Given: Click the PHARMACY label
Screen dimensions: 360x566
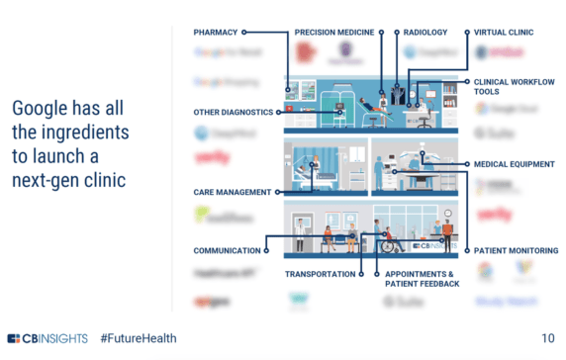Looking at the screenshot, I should point(216,33).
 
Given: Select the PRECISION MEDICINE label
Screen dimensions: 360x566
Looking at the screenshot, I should point(333,33).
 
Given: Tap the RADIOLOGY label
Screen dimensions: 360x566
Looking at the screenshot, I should point(425,33).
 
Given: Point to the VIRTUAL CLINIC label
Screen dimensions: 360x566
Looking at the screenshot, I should point(504,33).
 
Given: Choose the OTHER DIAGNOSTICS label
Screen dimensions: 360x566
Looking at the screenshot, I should point(233,112).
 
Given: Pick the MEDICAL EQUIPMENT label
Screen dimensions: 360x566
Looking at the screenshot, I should point(514,164).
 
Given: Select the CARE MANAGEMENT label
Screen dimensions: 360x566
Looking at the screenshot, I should point(233,192).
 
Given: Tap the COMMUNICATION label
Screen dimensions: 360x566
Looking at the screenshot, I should point(227,251).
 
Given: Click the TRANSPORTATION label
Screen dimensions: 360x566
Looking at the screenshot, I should point(320,273).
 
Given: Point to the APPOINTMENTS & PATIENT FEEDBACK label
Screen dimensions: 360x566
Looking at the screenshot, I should point(423,278).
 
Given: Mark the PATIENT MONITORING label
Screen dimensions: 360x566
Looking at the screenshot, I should point(517,251).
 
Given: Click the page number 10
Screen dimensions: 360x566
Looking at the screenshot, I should point(547,338).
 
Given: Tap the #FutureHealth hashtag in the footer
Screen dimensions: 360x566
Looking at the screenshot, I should point(139,338).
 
